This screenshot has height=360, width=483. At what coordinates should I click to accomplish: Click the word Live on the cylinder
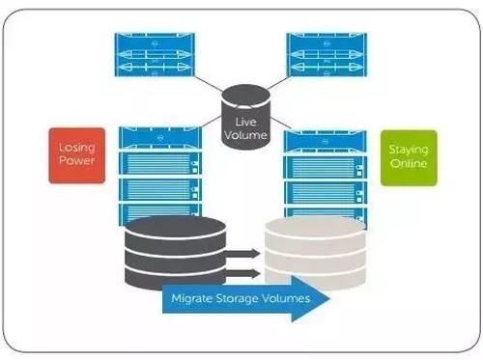coord(245,122)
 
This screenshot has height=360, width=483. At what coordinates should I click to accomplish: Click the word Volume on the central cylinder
coord(245,135)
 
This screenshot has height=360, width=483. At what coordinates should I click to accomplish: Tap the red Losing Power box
coord(77,155)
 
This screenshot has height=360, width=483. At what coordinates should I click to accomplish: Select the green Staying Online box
coord(409,158)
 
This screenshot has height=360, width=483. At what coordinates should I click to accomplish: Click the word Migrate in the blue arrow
coord(192,298)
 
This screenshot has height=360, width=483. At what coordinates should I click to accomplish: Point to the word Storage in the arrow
coord(237,298)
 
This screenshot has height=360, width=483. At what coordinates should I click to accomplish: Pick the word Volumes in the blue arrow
coord(285,298)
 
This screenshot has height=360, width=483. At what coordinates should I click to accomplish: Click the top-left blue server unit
coord(155,55)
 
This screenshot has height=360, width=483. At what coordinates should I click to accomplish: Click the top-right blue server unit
coord(327,55)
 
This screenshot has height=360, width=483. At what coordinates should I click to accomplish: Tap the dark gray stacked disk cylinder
coord(175,251)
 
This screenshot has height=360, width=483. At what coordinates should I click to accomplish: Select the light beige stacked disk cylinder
coord(315,252)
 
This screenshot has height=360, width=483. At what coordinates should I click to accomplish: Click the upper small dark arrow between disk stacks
coord(242,254)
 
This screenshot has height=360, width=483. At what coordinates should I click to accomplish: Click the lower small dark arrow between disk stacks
coord(242,274)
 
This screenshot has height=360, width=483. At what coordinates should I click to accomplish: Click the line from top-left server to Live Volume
coord(209,84)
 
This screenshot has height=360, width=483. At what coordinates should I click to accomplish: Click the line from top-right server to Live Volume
coord(278,83)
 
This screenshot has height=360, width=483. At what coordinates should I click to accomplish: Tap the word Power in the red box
coord(77,160)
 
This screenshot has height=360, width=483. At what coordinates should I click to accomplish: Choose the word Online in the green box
coord(409,163)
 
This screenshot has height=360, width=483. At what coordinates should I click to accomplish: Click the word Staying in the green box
coord(409,150)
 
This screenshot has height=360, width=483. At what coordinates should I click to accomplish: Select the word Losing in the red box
coord(77,148)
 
